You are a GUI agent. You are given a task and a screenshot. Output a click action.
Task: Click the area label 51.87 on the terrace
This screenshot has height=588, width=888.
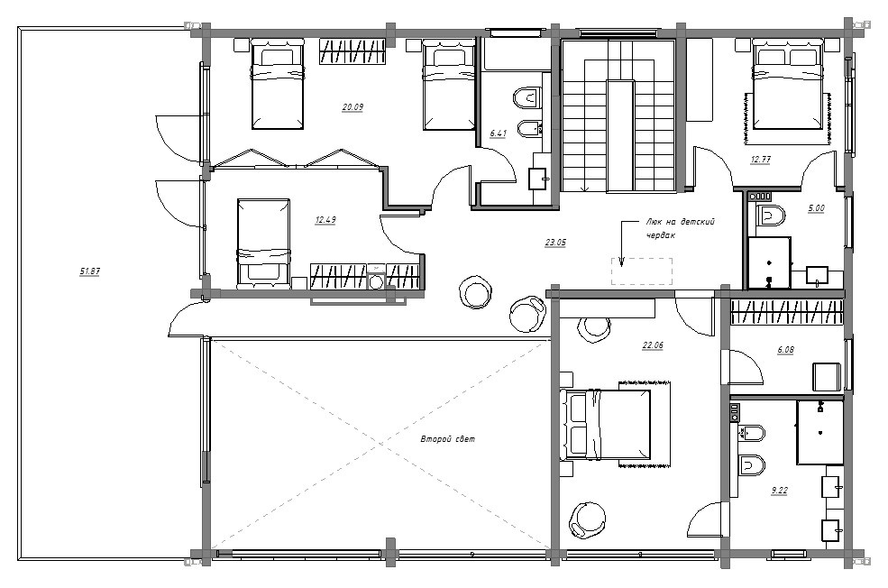point(89,271)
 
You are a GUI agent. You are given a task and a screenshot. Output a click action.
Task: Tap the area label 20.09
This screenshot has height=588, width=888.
point(352,106)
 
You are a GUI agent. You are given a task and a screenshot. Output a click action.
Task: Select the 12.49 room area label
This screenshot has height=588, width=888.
point(325,220)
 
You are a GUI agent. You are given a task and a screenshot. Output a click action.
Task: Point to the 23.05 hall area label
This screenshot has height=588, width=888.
point(555,243)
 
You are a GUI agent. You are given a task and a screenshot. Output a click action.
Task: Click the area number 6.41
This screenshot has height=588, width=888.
point(499,133)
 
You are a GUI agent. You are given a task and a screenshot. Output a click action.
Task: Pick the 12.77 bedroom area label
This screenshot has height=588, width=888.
point(761,160)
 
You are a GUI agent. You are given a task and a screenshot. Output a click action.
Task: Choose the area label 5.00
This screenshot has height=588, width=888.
point(816,208)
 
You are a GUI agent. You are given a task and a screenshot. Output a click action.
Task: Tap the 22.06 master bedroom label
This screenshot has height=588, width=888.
point(653,345)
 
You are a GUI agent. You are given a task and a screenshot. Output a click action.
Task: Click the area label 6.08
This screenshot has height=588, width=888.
point(785,350)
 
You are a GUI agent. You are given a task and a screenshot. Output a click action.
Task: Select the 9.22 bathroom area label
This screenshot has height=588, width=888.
point(780,491)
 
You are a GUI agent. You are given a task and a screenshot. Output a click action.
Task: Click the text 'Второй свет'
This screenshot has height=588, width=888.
point(448,439)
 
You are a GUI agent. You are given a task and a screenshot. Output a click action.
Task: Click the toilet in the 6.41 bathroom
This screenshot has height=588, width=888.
point(527,97)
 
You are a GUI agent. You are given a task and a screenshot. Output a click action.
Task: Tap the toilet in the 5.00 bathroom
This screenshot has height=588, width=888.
point(771,216)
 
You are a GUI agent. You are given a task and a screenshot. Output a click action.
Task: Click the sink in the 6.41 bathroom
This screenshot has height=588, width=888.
point(538,179)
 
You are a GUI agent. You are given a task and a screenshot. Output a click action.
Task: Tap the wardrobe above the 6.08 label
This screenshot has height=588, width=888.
point(787,312)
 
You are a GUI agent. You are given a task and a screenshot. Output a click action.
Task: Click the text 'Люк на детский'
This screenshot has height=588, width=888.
point(681,222)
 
